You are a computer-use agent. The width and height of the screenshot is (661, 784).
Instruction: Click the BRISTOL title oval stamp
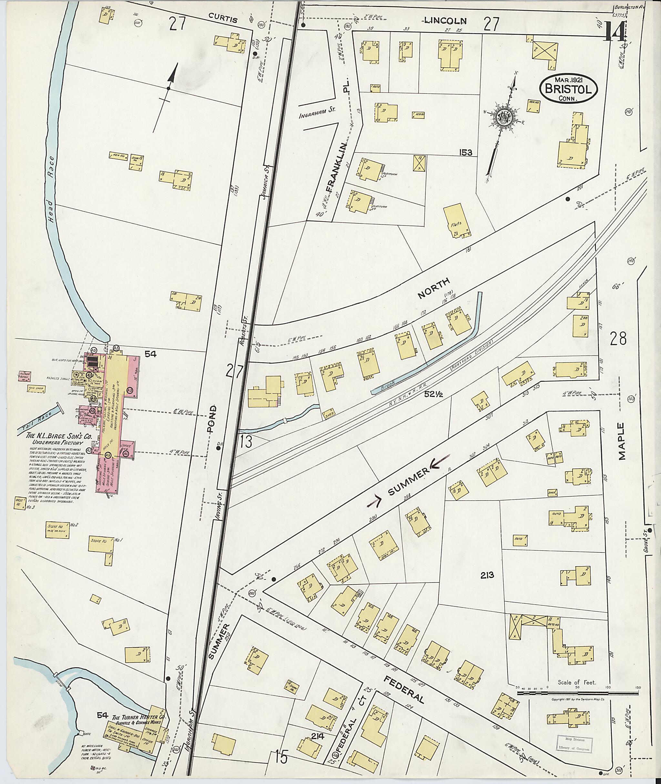[x=568, y=88]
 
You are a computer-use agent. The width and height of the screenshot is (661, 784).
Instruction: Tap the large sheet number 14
[x=615, y=33]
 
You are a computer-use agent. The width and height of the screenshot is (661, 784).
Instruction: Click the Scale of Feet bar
[x=577, y=693]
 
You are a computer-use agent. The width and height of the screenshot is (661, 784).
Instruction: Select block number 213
[x=486, y=575]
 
